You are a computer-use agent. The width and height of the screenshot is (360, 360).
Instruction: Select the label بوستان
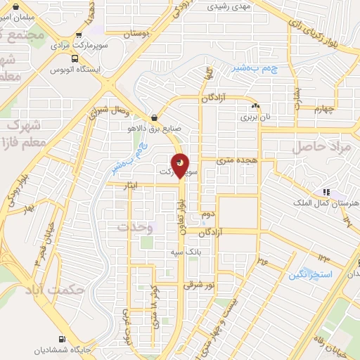[x=138, y=33]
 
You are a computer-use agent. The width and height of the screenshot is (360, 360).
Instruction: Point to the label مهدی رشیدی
[x=229, y=7]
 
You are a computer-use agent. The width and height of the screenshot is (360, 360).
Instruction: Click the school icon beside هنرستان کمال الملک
[x=326, y=192]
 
